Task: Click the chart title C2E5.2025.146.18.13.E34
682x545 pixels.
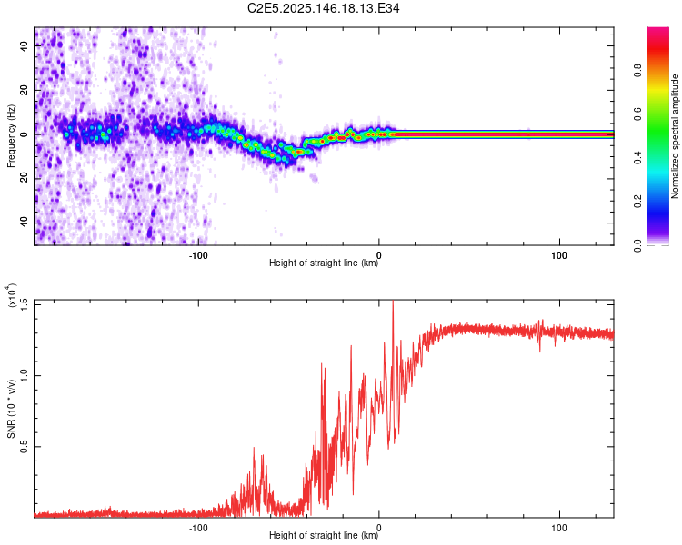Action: click(323, 8)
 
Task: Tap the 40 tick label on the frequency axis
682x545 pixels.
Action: click(25, 45)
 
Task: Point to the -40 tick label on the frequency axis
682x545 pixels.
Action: click(25, 223)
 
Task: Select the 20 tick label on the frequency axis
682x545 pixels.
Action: click(25, 90)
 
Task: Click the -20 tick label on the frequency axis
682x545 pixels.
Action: click(25, 179)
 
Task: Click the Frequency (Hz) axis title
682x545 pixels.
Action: click(11, 136)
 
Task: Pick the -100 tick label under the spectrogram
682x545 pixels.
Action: click(198, 255)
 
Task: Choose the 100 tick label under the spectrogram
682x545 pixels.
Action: click(559, 255)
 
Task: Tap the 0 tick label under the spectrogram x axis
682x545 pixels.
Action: click(379, 255)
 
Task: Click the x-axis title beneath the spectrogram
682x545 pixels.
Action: click(324, 263)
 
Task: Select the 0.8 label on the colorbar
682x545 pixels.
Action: click(638, 71)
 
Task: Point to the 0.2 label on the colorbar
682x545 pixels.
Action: click(638, 202)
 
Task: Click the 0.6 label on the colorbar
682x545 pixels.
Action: click(638, 114)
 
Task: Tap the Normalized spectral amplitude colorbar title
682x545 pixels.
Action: click(675, 136)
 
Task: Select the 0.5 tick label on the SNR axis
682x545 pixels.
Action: click(25, 446)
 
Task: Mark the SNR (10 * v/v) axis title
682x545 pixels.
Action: click(11, 409)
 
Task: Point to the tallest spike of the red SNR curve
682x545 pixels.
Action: click(393, 301)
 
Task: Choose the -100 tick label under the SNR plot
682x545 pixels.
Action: click(198, 528)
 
